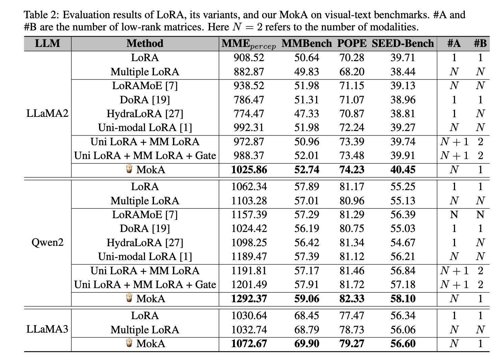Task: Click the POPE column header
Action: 352,43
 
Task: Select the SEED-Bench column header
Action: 403,43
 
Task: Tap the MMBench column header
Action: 307,43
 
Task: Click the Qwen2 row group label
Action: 48,242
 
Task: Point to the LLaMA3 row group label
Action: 47,329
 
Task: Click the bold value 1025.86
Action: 249,170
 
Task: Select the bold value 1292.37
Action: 249,299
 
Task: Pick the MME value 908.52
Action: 249,58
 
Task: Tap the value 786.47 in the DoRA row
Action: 249,100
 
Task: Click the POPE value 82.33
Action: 352,299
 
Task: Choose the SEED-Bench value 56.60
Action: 403,343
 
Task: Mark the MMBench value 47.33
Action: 307,113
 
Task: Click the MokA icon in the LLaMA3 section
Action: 129,343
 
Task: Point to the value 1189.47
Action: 249,257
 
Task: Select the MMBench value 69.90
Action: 307,343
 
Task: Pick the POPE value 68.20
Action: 352,72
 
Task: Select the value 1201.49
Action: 249,285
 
